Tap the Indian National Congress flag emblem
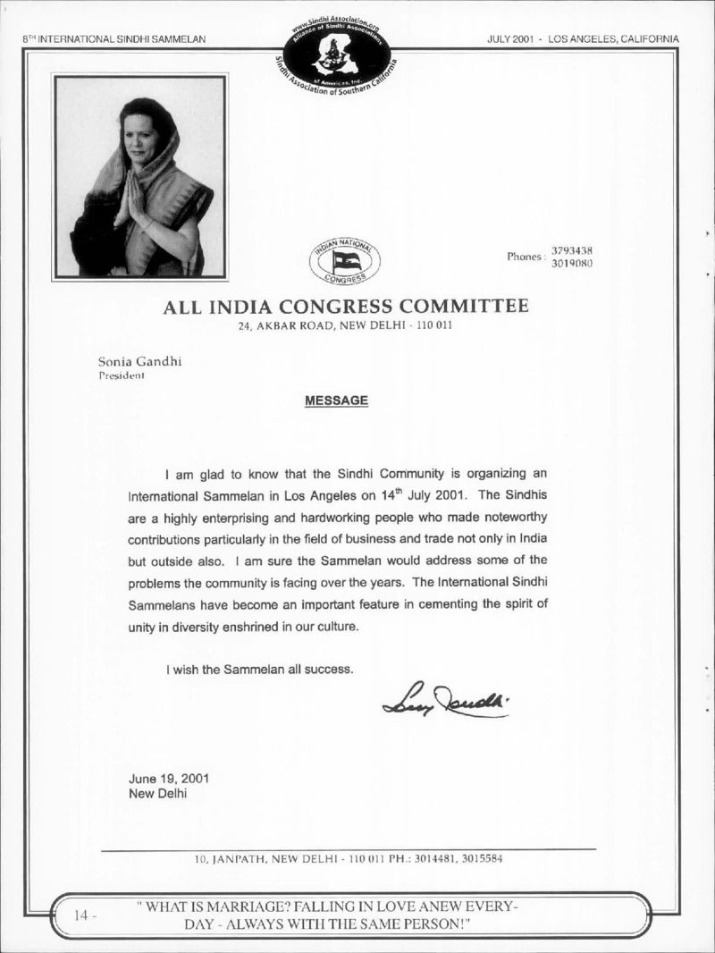pos(344,260)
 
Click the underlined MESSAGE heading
pos(337,401)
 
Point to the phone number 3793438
pos(573,250)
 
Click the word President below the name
pos(122,376)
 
